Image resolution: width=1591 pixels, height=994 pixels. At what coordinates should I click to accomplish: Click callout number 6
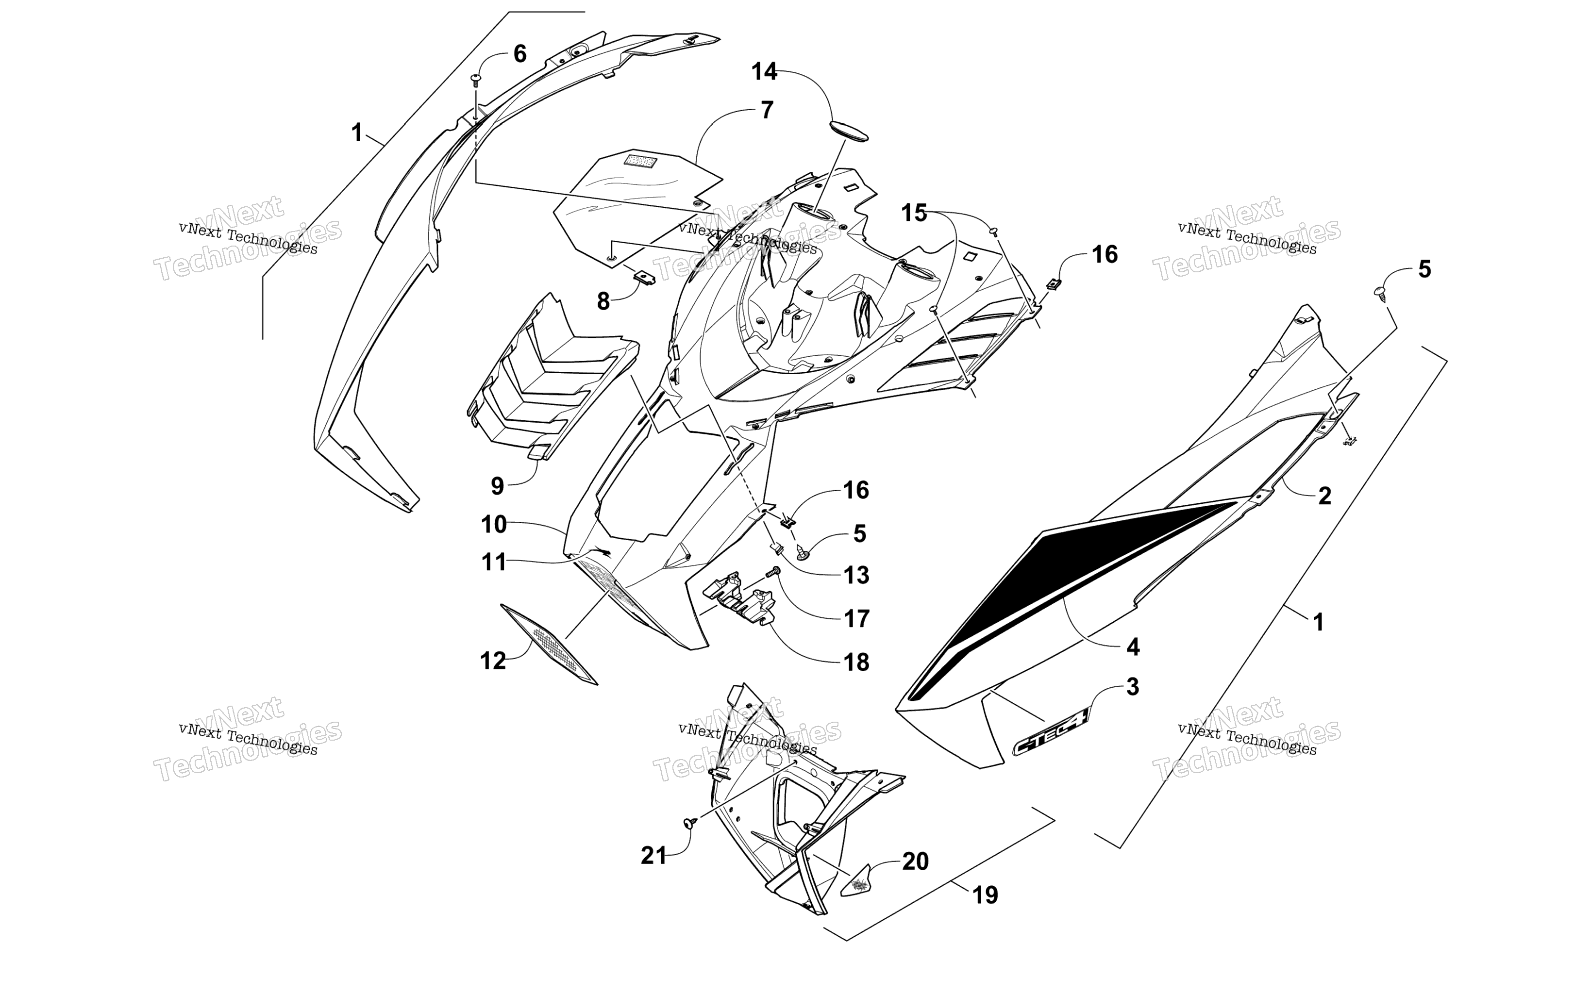pyautogui.click(x=519, y=53)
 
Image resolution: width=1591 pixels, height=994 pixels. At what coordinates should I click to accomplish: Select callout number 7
pyautogui.click(x=767, y=110)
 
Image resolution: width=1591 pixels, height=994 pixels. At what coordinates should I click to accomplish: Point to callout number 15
pyautogui.click(x=914, y=213)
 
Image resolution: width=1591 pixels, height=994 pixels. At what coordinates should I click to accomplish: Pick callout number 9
pyautogui.click(x=498, y=486)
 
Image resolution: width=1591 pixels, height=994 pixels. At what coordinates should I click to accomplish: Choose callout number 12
pyautogui.click(x=493, y=661)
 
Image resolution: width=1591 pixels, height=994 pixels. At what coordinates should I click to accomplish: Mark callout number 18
pyautogui.click(x=856, y=662)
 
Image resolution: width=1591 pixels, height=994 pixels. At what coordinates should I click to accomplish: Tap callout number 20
pyautogui.click(x=915, y=861)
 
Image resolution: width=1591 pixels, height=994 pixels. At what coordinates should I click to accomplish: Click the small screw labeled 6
pyautogui.click(x=476, y=80)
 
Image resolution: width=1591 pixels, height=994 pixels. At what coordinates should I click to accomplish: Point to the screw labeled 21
pyautogui.click(x=690, y=822)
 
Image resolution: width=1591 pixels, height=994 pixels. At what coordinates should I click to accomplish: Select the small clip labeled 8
pyautogui.click(x=644, y=277)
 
